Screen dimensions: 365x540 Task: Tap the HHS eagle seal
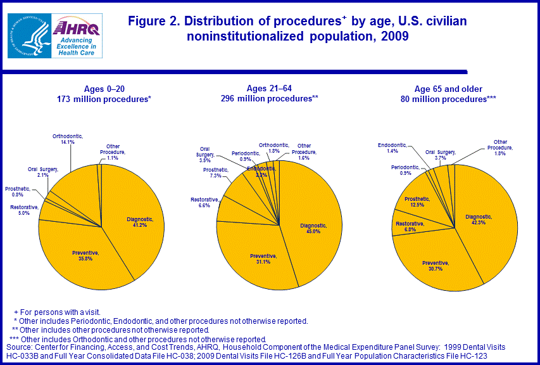click(28, 35)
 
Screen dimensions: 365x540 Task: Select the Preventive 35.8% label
click(85, 255)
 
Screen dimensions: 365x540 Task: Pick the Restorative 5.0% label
click(24, 210)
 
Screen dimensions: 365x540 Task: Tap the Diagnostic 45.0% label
click(313, 228)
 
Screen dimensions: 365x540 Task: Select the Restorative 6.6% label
click(204, 203)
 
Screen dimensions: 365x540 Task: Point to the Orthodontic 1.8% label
click(273, 147)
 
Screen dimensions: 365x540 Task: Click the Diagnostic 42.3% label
click(480, 219)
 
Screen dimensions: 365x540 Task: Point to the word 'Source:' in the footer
click(18, 347)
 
